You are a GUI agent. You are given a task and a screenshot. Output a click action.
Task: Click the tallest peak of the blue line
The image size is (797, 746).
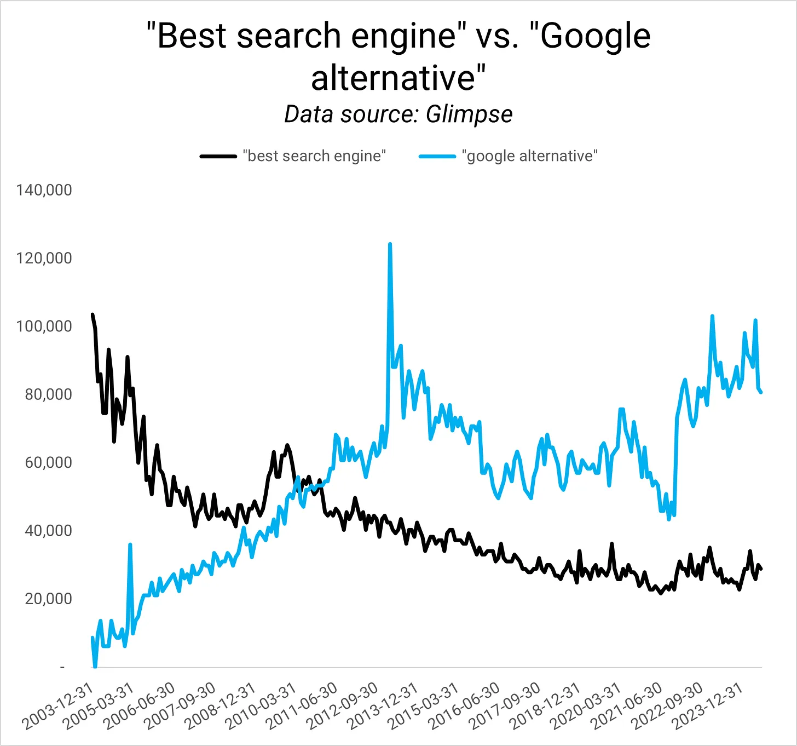point(390,244)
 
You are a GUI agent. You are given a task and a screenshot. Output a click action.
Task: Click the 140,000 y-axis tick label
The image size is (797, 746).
point(44,190)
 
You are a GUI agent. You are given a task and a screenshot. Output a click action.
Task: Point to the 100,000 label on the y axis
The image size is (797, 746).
point(44,326)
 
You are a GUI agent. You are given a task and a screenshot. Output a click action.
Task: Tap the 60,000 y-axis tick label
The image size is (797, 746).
point(48,462)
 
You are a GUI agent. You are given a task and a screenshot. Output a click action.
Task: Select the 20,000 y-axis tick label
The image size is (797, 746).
point(48,599)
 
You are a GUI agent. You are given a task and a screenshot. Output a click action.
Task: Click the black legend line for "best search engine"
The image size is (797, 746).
point(218,156)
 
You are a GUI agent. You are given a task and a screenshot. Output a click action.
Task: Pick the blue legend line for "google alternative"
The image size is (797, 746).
point(437,156)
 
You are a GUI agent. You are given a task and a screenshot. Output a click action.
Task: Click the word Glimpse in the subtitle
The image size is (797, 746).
point(469,114)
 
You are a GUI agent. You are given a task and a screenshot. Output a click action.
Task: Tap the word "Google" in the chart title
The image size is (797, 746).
point(596,36)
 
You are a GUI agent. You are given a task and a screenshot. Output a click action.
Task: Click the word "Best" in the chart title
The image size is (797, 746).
point(191,36)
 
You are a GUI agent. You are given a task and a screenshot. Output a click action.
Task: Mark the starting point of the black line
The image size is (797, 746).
point(92,314)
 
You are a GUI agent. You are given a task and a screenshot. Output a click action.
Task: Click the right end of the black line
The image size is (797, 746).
point(761,569)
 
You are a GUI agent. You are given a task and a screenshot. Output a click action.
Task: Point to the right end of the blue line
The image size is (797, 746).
point(761,392)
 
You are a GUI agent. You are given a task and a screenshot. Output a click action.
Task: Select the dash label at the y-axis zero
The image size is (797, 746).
point(62,667)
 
